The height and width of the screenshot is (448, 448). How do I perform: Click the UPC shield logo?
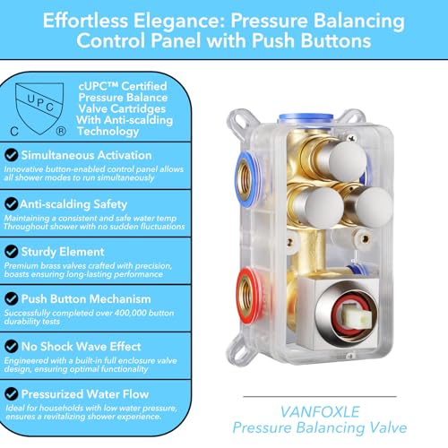tap(39, 108)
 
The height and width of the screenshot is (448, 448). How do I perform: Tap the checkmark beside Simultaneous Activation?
tap(12, 155)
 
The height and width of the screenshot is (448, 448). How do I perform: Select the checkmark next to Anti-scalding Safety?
tap(12, 203)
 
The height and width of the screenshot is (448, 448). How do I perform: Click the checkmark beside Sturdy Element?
tap(12, 251)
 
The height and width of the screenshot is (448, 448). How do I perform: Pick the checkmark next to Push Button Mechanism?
tap(12, 298)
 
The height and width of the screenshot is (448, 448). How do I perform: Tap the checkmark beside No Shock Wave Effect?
tap(12, 346)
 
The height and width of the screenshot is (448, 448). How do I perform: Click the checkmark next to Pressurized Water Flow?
tap(12, 394)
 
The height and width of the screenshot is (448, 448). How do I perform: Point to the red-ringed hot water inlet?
tap(248, 293)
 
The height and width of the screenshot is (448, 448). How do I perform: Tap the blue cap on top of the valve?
tap(306, 118)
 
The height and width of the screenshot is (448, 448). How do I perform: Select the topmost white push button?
tap(347, 160)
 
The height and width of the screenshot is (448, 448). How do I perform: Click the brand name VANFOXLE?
tap(320, 412)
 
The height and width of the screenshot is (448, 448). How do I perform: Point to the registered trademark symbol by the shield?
tap(61, 131)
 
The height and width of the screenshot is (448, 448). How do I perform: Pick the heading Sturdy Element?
tap(63, 252)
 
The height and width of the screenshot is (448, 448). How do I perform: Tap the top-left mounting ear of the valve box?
tap(239, 119)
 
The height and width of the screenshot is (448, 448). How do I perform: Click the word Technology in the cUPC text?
tap(108, 132)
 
